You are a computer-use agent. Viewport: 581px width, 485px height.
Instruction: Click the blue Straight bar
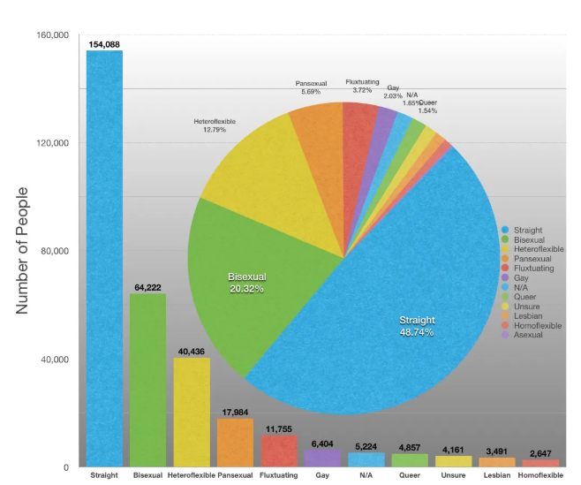pyautogui.click(x=103, y=265)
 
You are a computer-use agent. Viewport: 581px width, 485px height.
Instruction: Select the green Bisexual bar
pyautogui.click(x=147, y=380)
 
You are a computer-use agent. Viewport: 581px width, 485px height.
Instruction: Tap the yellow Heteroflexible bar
pyautogui.click(x=191, y=412)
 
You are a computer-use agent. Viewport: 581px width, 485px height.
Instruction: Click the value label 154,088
pyautogui.click(x=104, y=44)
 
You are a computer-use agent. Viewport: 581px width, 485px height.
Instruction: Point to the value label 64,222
pyautogui.click(x=147, y=287)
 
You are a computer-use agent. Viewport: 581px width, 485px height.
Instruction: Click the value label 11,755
pyautogui.click(x=279, y=429)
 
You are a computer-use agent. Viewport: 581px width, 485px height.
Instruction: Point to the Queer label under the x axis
pyautogui.click(x=410, y=475)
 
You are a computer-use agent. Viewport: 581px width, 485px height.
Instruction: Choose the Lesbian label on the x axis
pyautogui.click(x=497, y=475)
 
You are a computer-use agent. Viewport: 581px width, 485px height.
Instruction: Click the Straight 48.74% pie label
pyautogui.click(x=416, y=326)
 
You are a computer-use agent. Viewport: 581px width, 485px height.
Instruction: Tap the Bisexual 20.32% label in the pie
pyautogui.click(x=246, y=283)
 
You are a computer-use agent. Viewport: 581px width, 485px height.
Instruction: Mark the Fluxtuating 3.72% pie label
pyautogui.click(x=363, y=86)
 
